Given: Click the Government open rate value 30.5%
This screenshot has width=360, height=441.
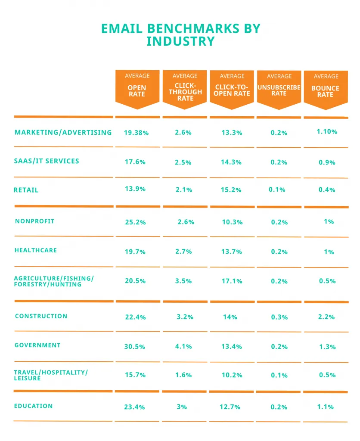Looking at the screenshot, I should pyautogui.click(x=135, y=347).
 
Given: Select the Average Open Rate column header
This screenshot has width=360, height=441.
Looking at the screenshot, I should pyautogui.click(x=137, y=88).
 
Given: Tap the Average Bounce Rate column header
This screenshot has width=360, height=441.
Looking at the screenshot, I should pyautogui.click(x=326, y=88).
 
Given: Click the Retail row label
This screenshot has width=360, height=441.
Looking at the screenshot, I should pyautogui.click(x=26, y=190).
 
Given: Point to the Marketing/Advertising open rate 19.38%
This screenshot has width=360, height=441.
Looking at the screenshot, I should pyautogui.click(x=136, y=133).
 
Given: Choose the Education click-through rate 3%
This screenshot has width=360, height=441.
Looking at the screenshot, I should pyautogui.click(x=182, y=407).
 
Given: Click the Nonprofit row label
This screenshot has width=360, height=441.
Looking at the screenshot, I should pyautogui.click(x=34, y=221).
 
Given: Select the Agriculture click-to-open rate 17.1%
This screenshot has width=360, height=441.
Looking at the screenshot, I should pyautogui.click(x=232, y=281).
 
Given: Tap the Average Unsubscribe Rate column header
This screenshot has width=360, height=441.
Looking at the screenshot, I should pyautogui.click(x=279, y=88).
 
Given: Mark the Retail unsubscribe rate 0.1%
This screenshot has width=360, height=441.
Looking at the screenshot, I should pyautogui.click(x=276, y=189).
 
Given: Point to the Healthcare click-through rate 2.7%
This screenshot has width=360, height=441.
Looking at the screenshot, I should pyautogui.click(x=183, y=252).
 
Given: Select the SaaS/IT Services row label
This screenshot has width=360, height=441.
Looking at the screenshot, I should pyautogui.click(x=47, y=161).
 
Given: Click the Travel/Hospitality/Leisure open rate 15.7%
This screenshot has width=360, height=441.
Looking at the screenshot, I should pyautogui.click(x=135, y=375).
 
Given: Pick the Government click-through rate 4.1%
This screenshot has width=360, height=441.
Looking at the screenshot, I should pyautogui.click(x=183, y=347).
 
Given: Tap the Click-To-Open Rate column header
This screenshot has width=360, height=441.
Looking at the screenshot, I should pyautogui.click(x=232, y=88).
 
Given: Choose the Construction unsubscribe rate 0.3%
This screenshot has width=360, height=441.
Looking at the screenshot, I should pyautogui.click(x=279, y=317).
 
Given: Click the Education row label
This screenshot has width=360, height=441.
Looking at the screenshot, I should pyautogui.click(x=34, y=406).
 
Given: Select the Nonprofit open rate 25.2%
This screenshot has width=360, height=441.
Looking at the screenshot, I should pyautogui.click(x=135, y=222).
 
